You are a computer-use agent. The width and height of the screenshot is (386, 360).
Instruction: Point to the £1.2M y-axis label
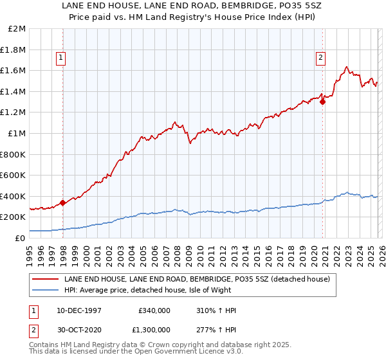[14, 113]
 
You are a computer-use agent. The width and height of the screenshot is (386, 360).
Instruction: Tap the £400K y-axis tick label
[14, 196]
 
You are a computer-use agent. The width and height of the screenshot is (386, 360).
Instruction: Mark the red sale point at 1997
[63, 203]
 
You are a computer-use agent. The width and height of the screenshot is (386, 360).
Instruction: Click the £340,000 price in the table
[154, 310]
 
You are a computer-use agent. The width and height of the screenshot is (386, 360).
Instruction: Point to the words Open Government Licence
[178, 352]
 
